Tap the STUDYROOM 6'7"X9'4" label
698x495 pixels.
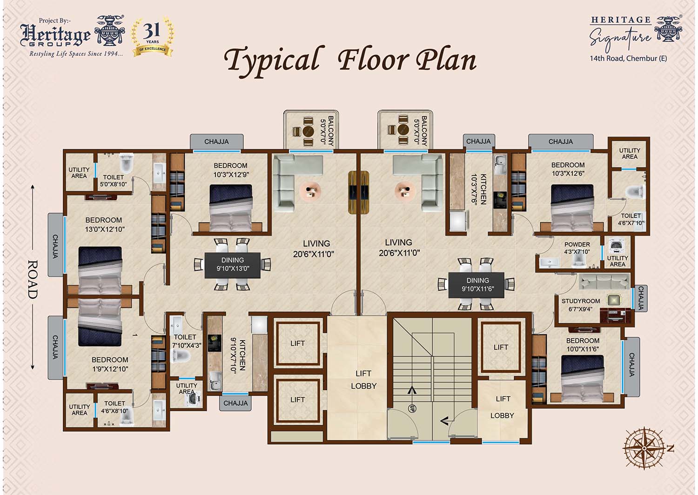[581, 305]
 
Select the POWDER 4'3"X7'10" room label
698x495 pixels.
[577, 248]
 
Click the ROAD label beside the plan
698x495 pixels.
[33, 279]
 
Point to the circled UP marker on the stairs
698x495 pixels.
[412, 408]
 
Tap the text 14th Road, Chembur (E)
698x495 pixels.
[628, 58]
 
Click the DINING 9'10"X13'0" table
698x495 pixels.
[233, 265]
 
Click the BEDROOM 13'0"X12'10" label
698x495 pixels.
[104, 225]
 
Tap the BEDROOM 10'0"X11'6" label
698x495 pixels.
[583, 345]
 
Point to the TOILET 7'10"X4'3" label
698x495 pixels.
[186, 341]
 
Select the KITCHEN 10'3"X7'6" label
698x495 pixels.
[479, 189]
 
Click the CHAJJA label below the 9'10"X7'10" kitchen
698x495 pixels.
[235, 403]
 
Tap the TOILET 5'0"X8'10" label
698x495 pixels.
[114, 181]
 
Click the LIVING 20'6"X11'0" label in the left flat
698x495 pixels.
[314, 248]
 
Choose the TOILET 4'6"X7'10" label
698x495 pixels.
[631, 219]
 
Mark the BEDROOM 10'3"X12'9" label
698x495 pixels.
[231, 170]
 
